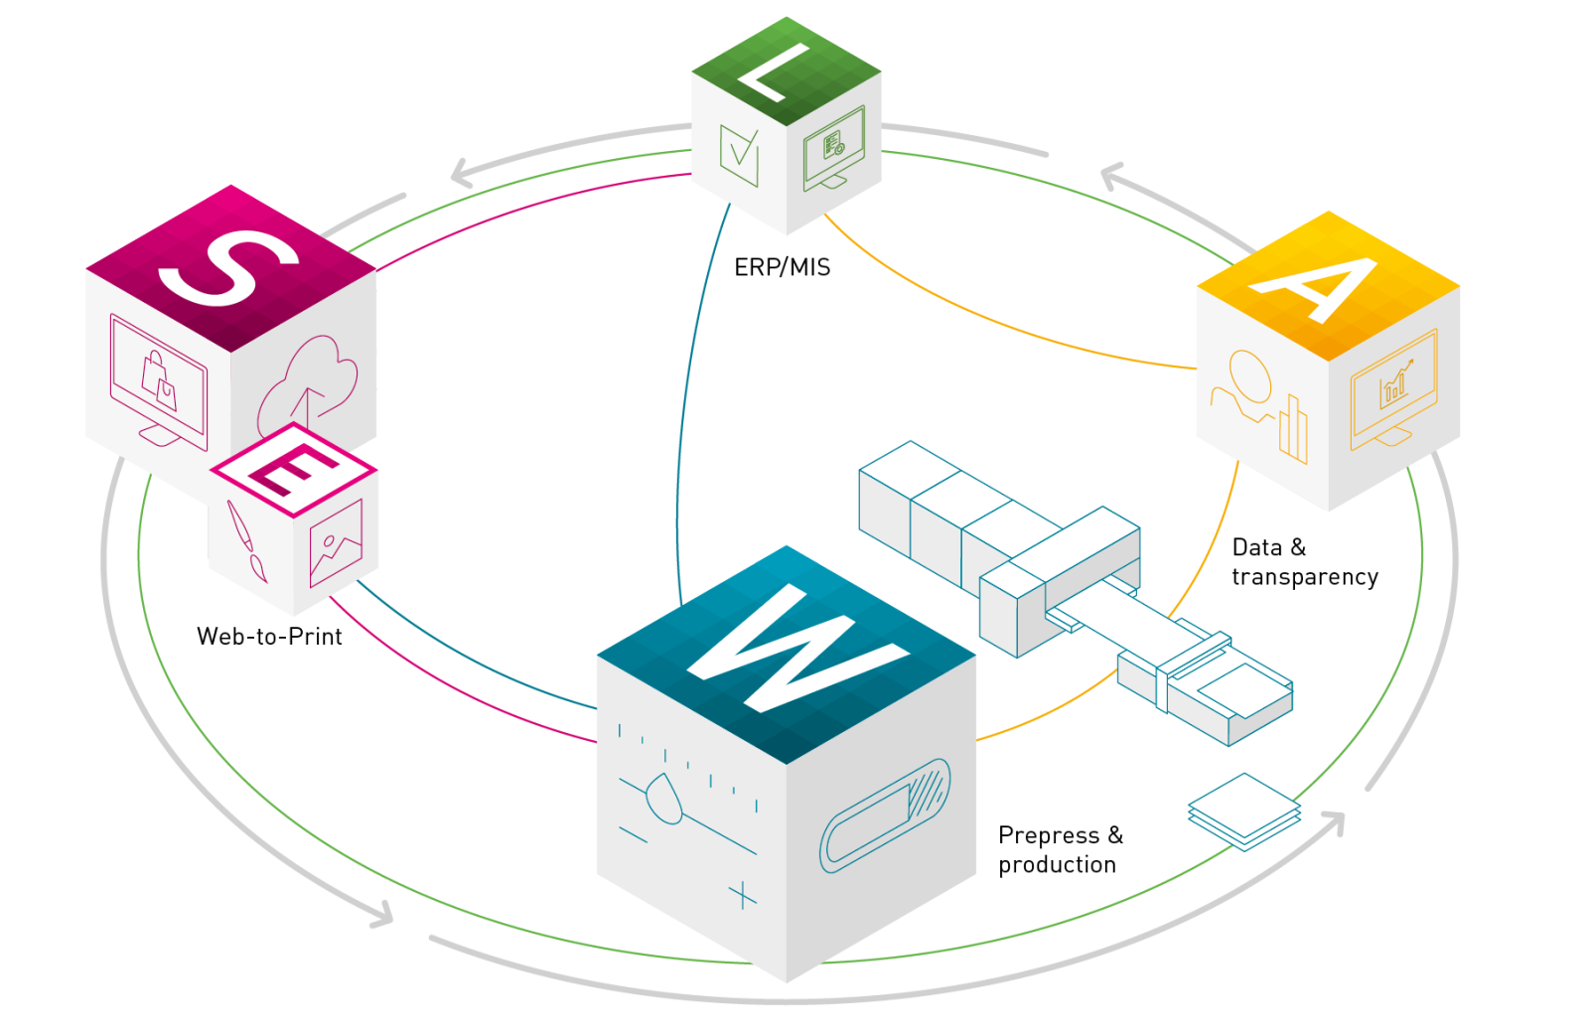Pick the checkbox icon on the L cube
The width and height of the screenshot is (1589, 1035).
[x=739, y=157]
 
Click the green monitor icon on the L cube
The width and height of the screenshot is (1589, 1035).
[x=833, y=147]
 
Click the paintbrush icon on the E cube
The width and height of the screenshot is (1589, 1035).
[x=246, y=542]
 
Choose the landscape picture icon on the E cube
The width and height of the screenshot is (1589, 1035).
[x=336, y=542]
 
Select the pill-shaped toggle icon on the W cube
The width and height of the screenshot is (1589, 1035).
[x=885, y=814]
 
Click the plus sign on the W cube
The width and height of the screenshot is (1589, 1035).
[x=742, y=896]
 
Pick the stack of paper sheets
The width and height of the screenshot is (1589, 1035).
[x=1243, y=812]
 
